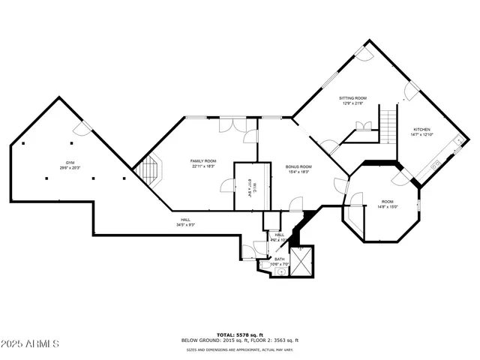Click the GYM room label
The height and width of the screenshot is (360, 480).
click(x=70, y=163)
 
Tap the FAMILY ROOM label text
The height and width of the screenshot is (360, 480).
click(x=202, y=160)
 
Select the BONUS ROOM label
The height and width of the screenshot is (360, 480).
click(x=298, y=166)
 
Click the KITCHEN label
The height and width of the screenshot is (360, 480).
click(x=421, y=129)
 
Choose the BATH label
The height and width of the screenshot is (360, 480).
click(x=279, y=258)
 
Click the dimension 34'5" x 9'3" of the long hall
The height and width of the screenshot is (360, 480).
click(x=185, y=224)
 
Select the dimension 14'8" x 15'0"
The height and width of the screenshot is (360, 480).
click(x=388, y=206)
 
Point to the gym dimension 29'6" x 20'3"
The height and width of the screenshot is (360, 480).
click(x=70, y=168)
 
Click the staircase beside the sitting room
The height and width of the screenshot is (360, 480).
click(x=388, y=126)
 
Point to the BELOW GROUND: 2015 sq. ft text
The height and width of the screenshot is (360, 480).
click(x=214, y=340)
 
